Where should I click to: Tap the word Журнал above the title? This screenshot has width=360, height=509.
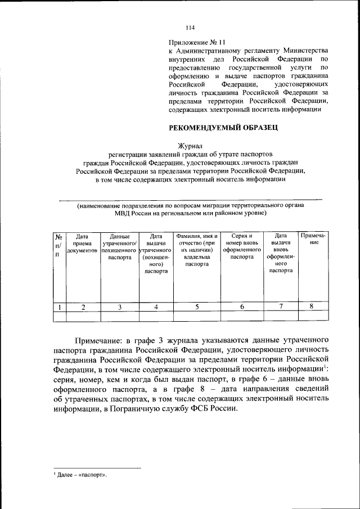pos(190,145)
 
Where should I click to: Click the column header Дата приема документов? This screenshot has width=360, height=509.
pos(83,243)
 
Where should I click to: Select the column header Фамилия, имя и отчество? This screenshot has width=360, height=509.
pos(196,246)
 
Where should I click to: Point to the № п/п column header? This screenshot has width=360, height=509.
pos(58,246)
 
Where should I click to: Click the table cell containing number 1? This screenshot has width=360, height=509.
pos(59,307)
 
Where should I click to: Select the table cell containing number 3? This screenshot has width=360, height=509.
pos(119,307)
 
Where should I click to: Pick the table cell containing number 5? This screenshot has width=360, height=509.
pos(197,307)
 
